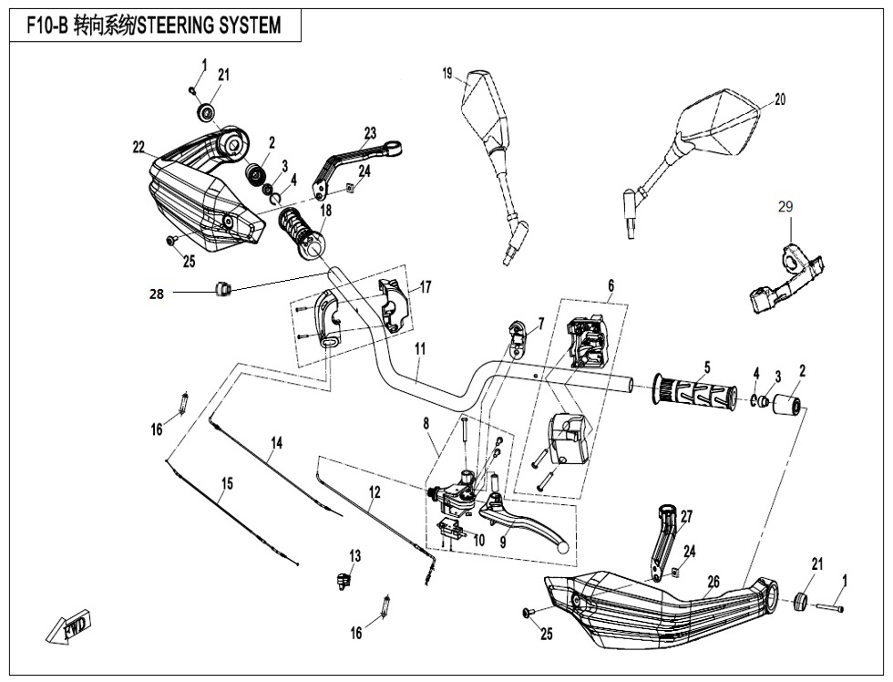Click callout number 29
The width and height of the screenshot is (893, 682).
tap(785, 208)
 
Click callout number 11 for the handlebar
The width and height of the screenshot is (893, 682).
tap(420, 349)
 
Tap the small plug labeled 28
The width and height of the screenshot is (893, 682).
tap(221, 290)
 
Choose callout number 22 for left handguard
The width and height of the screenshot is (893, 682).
tap(139, 148)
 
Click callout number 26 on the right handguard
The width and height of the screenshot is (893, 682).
tap(713, 582)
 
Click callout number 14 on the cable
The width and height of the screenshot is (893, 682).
tap(276, 442)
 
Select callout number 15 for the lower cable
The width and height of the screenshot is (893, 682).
tap(227, 483)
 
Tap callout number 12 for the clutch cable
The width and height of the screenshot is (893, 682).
tap(375, 492)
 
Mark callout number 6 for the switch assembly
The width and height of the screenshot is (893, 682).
tap(611, 284)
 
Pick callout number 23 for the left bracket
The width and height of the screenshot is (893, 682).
tap(370, 133)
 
